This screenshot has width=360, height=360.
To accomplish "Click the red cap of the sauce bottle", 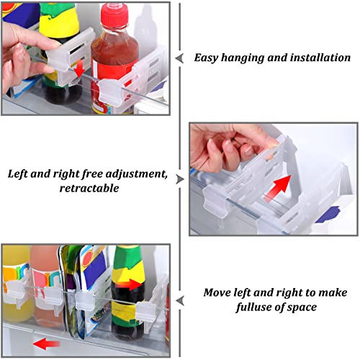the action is pyautogui.click(x=114, y=15).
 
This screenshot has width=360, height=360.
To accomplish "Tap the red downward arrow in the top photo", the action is pyautogui.click(x=79, y=68).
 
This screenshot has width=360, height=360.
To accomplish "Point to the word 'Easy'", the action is pyautogui.click(x=206, y=58).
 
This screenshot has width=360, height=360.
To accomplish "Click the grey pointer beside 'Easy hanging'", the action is pyautogui.click(x=180, y=58).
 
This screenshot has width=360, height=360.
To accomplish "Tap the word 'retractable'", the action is pyautogui.click(x=89, y=188).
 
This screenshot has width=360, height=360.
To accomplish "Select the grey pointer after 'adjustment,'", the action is pyautogui.click(x=180, y=179).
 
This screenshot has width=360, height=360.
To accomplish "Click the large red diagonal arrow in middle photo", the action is pyautogui.click(x=279, y=188).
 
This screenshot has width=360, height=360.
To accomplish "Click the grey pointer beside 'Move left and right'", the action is pyautogui.click(x=180, y=301).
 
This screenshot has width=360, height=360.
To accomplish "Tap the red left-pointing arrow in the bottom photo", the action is pyautogui.click(x=46, y=344).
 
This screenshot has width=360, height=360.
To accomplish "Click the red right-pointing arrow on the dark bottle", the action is pyautogui.click(x=129, y=284).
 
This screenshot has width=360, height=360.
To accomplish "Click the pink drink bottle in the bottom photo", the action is pyautogui.click(x=47, y=286).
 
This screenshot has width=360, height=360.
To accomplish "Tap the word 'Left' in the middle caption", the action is pyautogui.click(x=18, y=174).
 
